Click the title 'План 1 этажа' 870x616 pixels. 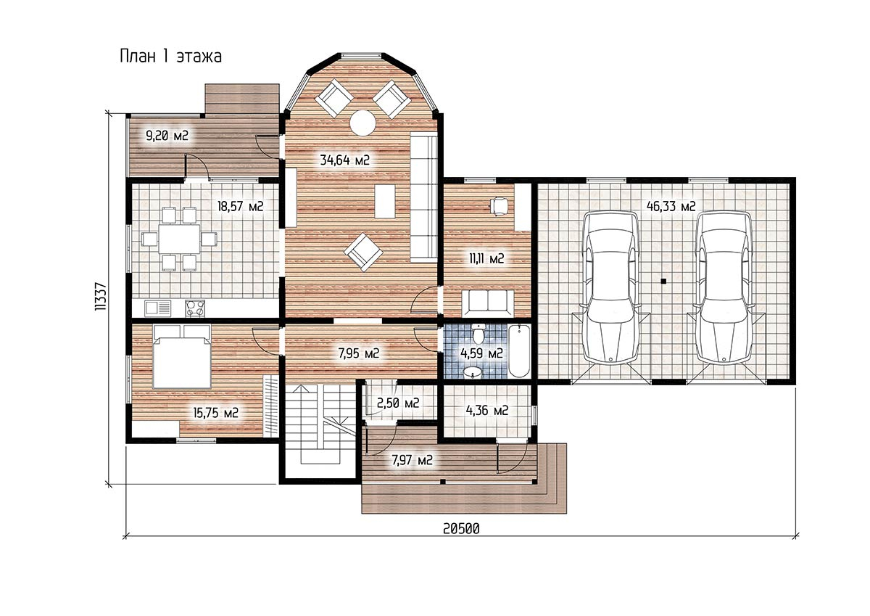[x=171, y=57]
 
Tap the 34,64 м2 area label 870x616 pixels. [x=345, y=160]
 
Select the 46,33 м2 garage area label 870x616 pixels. [x=671, y=206]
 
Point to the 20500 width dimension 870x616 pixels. [x=461, y=528]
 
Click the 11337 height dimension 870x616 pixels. [x=100, y=296]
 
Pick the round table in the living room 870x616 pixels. [x=362, y=123]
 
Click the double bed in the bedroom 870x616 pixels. [x=182, y=357]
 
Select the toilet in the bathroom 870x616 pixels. [x=478, y=334]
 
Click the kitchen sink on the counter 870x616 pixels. [x=158, y=308]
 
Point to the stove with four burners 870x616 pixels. [x=195, y=308]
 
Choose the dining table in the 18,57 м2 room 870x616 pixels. [x=179, y=239]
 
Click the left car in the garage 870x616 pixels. [x=611, y=287]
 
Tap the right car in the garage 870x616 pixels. [x=724, y=287]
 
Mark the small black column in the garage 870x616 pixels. [x=664, y=281]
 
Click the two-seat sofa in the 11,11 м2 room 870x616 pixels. [x=488, y=303]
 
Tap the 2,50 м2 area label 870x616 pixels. [x=398, y=403]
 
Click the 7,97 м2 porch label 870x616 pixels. [x=412, y=461]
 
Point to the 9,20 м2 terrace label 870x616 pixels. [x=167, y=136]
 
